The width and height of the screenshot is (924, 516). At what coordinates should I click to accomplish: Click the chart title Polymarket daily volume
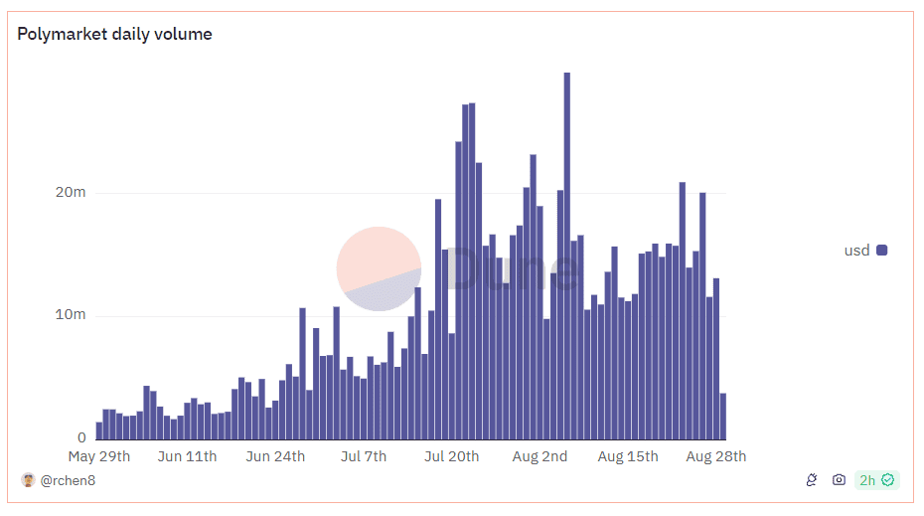coord(114,34)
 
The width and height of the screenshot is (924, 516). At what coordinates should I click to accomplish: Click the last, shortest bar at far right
coord(723,417)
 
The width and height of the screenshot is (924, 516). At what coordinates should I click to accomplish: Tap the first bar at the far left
coord(99,430)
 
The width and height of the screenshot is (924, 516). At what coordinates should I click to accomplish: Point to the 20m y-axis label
coord(70,192)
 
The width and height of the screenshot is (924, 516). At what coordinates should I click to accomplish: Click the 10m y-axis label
coord(70,315)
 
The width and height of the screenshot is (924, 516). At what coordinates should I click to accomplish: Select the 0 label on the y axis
coord(82,437)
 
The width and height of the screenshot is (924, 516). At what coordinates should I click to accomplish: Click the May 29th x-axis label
coord(99,456)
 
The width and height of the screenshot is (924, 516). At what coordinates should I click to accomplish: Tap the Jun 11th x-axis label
coord(187,456)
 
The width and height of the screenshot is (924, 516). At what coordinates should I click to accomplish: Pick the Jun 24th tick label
coord(274,456)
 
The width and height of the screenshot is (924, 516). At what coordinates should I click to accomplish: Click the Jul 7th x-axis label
coord(364,456)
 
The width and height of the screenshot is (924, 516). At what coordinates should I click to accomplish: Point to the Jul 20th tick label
coord(451,456)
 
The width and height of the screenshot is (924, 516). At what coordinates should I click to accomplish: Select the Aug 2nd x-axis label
coord(540,456)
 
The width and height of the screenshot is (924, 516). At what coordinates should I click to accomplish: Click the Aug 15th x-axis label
coord(628,456)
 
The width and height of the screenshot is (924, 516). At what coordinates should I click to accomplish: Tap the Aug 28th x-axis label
coord(715,456)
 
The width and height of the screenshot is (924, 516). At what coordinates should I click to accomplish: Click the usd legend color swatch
coord(881,251)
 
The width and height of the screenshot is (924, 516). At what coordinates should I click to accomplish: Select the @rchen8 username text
coord(68,480)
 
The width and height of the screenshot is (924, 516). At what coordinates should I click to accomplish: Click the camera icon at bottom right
coord(839,480)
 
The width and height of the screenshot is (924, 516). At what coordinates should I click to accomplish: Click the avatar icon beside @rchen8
coord(28,480)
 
